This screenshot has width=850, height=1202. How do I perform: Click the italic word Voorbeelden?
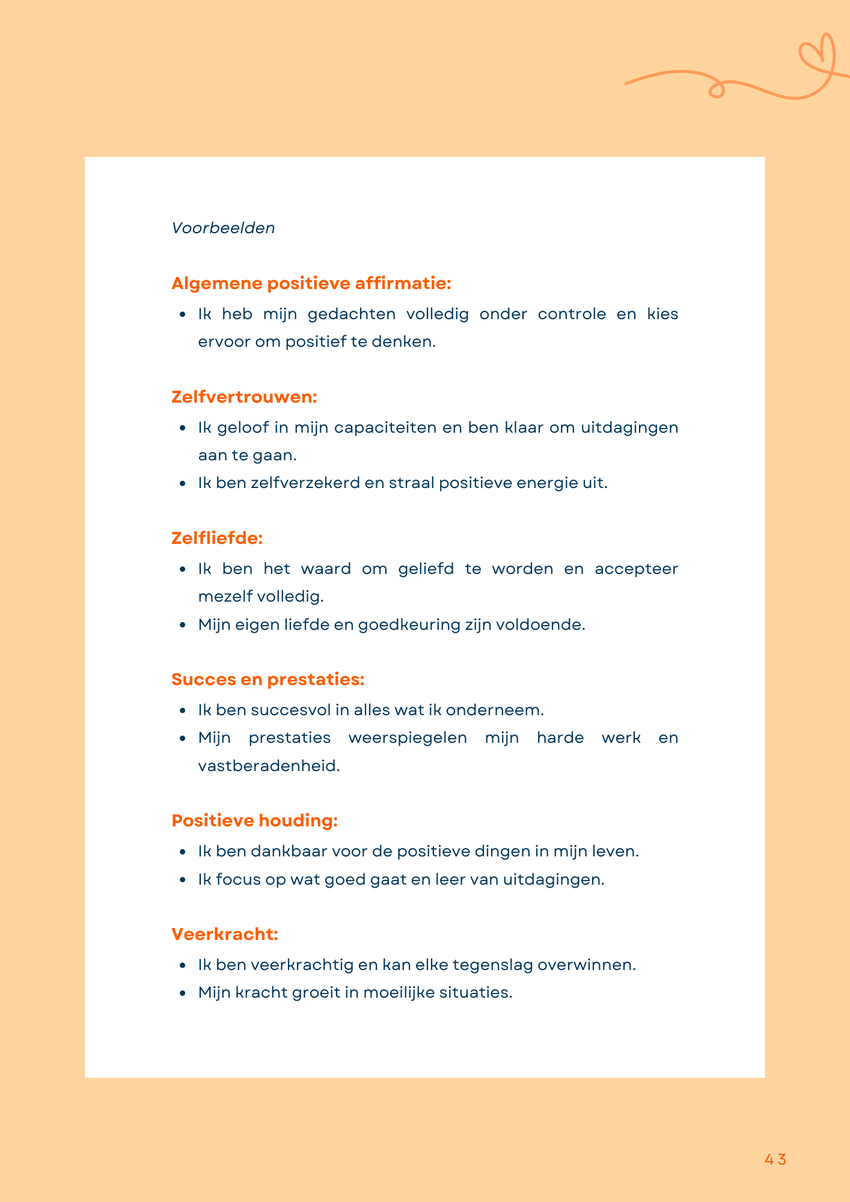click(223, 228)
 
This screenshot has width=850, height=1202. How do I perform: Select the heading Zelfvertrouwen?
click(244, 397)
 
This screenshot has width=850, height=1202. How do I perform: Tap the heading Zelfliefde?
click(217, 538)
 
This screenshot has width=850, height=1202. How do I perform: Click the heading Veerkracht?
click(225, 934)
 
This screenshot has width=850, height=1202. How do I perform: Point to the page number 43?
click(775, 1159)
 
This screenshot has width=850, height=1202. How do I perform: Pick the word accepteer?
click(636, 569)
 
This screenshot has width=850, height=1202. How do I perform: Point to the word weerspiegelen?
click(408, 737)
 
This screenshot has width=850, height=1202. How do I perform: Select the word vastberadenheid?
click(269, 766)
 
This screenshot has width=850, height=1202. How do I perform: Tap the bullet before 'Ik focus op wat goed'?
click(183, 880)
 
